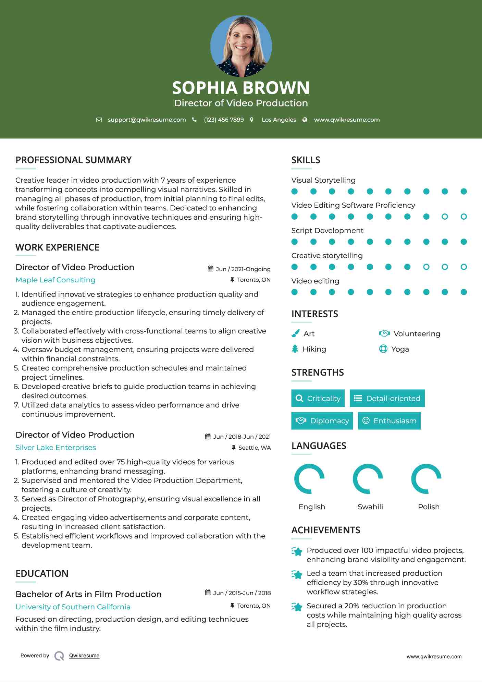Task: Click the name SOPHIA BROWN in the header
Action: tap(241, 88)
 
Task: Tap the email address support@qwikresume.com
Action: tap(147, 120)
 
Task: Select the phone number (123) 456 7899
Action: tap(224, 120)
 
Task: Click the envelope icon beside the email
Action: tap(99, 120)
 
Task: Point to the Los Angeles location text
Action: tap(279, 120)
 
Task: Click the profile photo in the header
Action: tap(241, 46)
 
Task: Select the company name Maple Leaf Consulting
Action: tap(55, 280)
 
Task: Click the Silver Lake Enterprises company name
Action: tap(55, 448)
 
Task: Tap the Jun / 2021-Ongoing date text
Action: tap(243, 269)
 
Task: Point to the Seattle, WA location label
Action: tap(254, 448)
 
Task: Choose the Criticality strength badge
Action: tap(318, 398)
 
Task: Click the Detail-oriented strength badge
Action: tap(387, 398)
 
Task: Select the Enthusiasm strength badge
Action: tap(389, 421)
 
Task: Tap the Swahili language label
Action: tap(370, 507)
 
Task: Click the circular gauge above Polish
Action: tap(426, 479)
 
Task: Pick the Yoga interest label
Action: tap(400, 349)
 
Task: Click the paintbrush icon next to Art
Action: tap(295, 333)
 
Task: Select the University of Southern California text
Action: tap(73, 607)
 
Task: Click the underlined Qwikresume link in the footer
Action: tap(84, 656)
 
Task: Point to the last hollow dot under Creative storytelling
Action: tap(464, 267)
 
